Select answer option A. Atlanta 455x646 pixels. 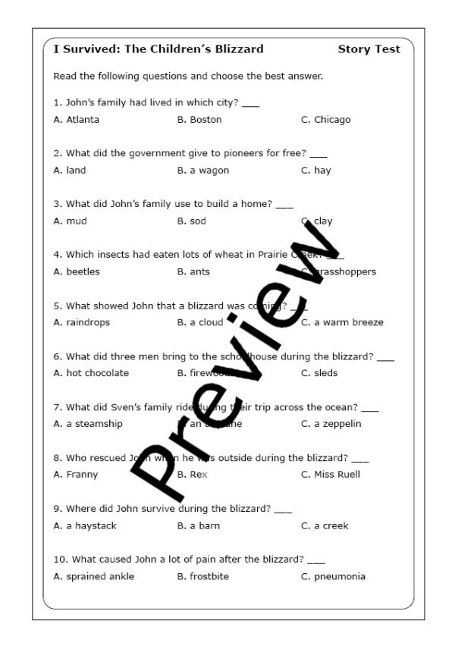coord(77,120)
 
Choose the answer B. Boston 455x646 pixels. coord(199,120)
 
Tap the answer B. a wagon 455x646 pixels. coord(202,171)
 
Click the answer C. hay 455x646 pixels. coord(316,171)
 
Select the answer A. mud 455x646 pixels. coord(71,221)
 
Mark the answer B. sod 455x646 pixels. coord(192,221)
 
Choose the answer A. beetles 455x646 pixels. coord(77,271)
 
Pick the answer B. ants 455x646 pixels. coord(194,271)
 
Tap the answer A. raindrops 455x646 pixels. coord(82,322)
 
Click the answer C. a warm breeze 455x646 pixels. coord(342,322)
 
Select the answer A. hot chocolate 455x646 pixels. coord(91,373)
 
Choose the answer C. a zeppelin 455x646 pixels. coord(331,424)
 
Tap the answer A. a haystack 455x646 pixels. coord(85,525)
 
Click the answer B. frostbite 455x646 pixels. coord(203,576)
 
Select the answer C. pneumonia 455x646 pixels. coord(333,576)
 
